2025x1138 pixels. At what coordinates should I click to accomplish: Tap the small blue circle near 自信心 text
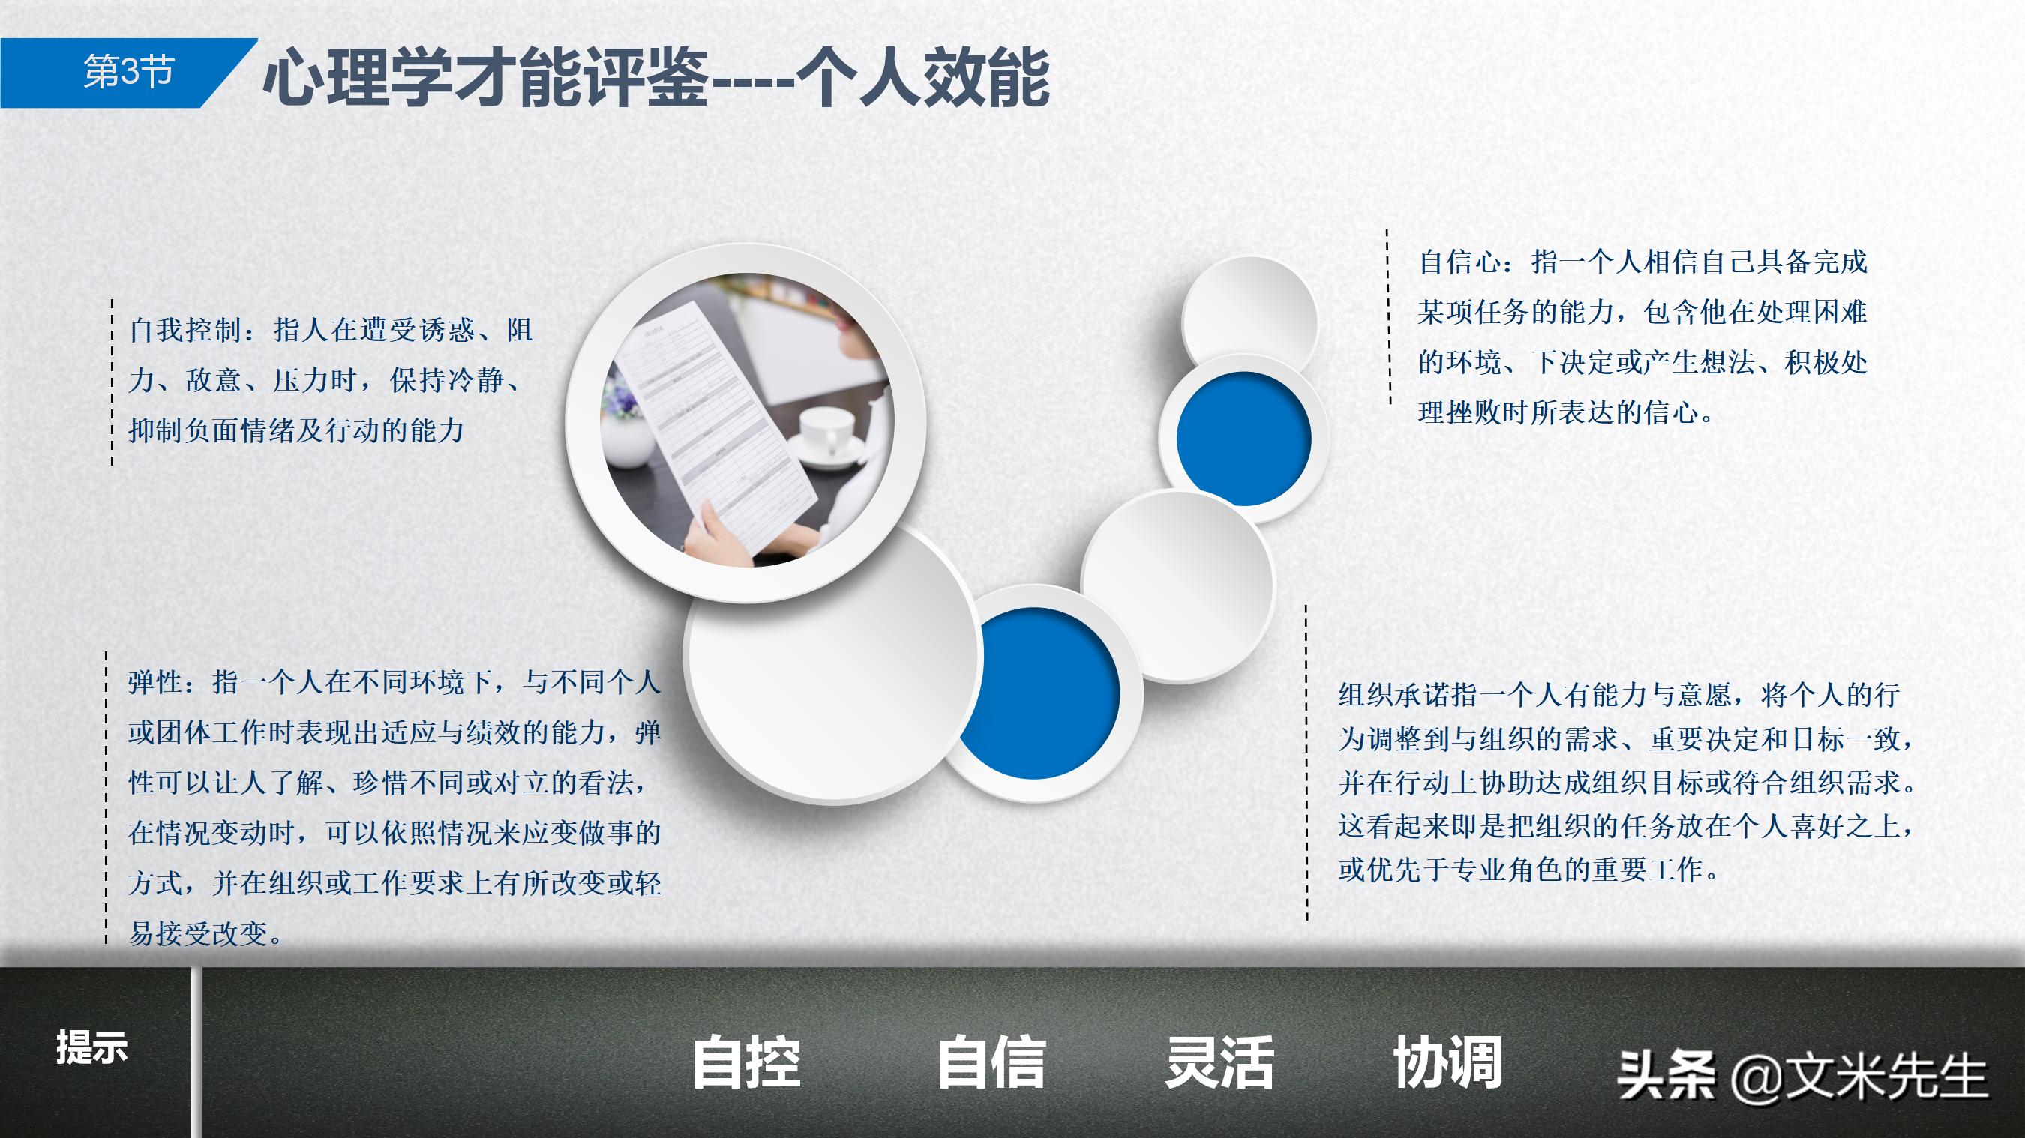click(x=1243, y=439)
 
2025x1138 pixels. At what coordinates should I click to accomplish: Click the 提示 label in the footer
click(x=91, y=1047)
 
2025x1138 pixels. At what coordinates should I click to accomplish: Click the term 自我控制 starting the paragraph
click(x=185, y=330)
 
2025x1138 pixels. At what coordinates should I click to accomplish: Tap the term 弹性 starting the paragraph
click(x=156, y=682)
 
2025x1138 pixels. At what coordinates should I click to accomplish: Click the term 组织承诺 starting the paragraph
click(x=1394, y=695)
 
